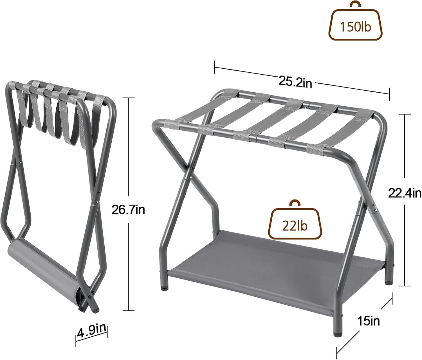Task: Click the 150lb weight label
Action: click(356, 27)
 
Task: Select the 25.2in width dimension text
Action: click(295, 82)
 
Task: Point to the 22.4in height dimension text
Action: click(405, 193)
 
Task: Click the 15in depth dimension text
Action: click(369, 321)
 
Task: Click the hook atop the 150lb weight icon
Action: click(355, 5)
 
